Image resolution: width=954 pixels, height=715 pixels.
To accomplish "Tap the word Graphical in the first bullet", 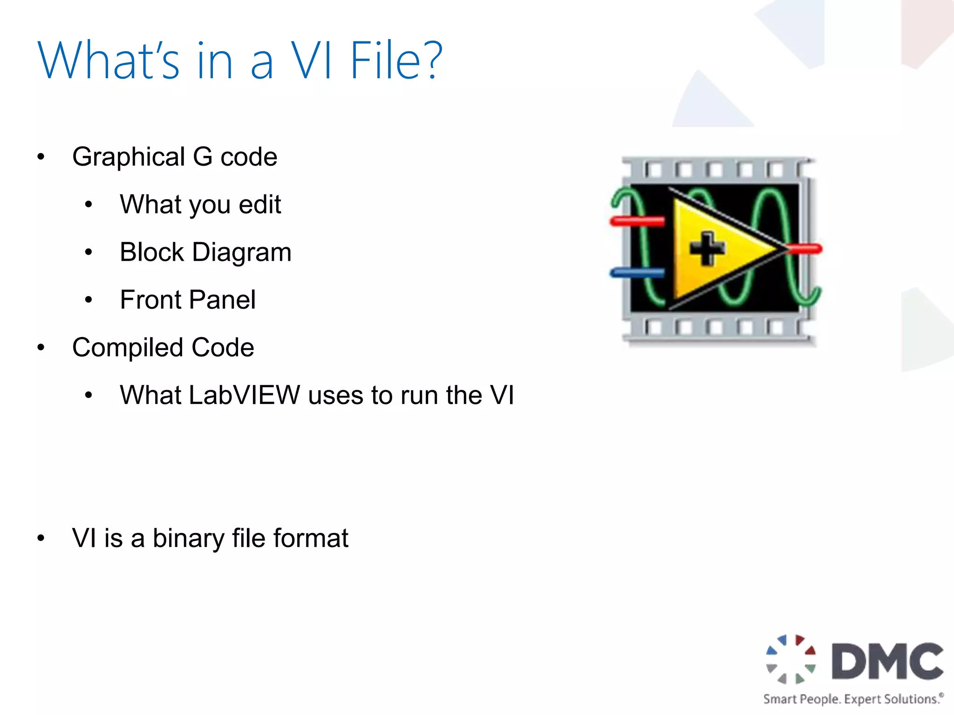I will pyautogui.click(x=129, y=157).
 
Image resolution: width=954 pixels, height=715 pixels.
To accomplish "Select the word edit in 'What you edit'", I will pyautogui.click(x=259, y=204).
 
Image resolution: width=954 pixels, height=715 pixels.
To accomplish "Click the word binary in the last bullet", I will pyautogui.click(x=188, y=539).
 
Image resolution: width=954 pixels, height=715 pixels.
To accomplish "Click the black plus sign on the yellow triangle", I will pyautogui.click(x=707, y=249).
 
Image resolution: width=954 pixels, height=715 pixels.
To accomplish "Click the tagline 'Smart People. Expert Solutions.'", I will pyautogui.click(x=853, y=699).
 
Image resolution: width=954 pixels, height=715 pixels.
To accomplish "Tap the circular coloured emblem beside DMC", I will pyautogui.click(x=791, y=659).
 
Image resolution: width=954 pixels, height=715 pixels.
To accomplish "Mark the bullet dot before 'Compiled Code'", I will pyautogui.click(x=41, y=348).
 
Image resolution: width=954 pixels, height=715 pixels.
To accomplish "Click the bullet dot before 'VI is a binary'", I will pyautogui.click(x=41, y=539).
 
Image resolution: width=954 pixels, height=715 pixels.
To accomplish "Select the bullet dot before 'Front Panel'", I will pyautogui.click(x=89, y=300).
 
